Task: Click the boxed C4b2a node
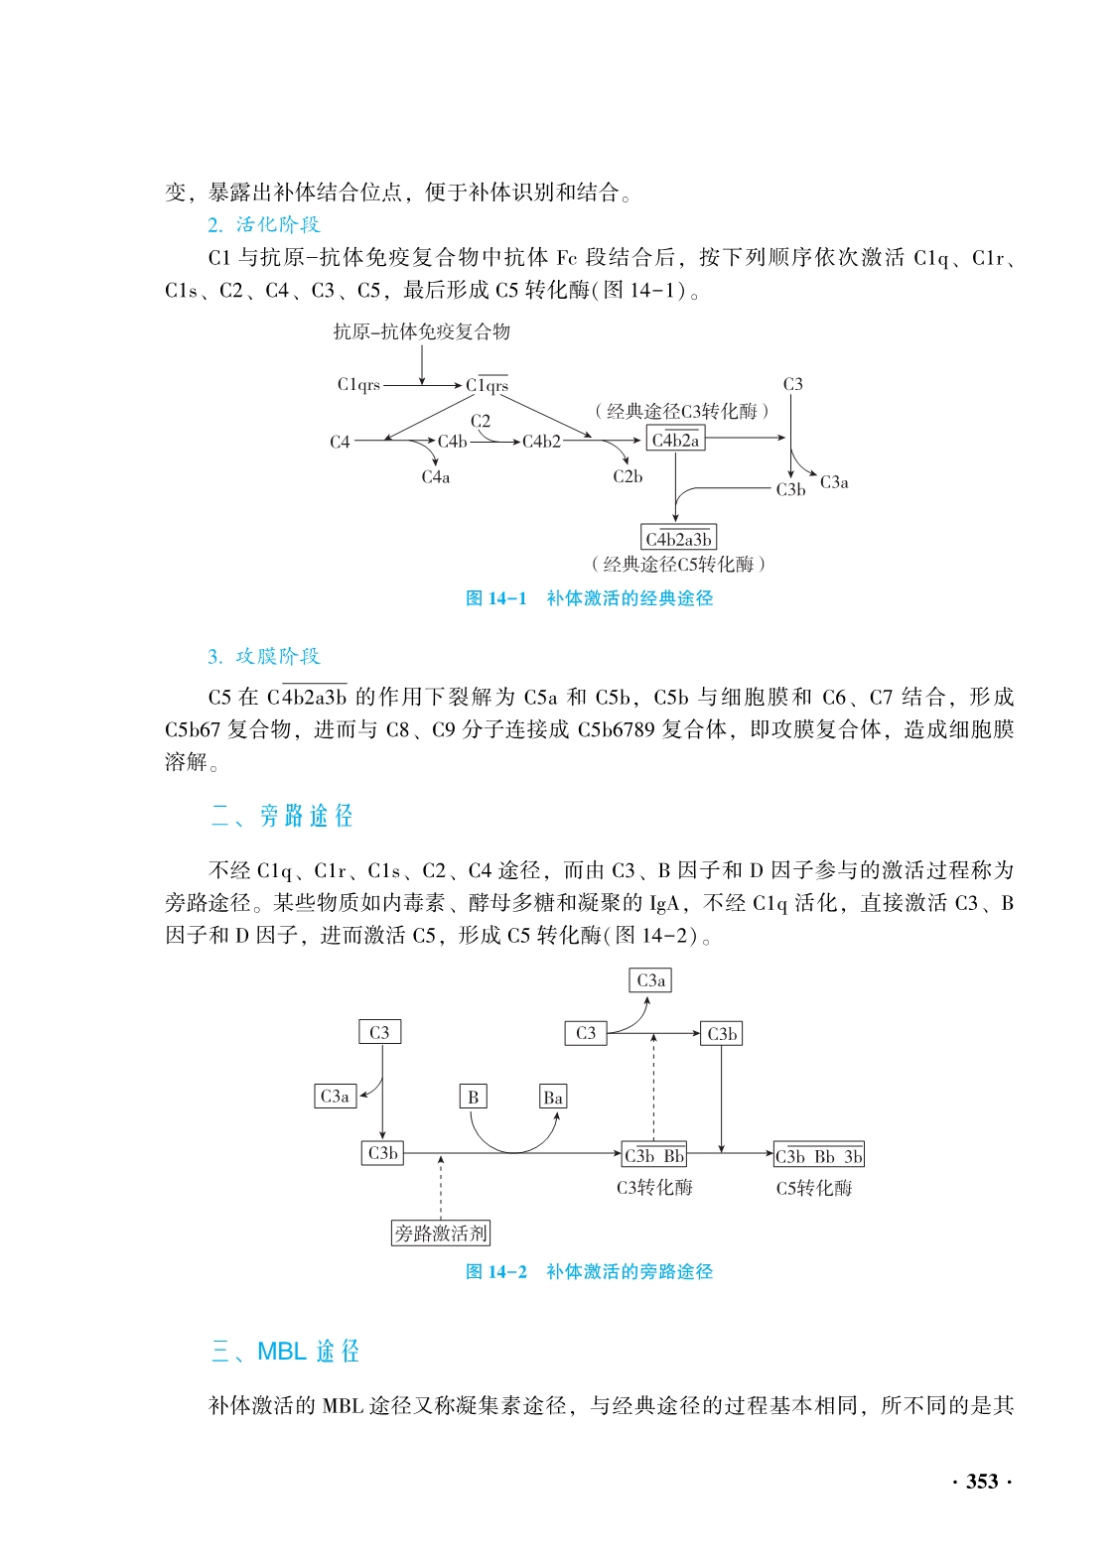coord(675,440)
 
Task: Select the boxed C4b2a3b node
coord(679,539)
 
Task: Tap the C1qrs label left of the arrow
coord(358,385)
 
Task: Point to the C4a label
coord(436,477)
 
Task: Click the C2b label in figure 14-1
coord(628,477)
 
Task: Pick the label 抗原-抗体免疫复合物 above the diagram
coord(422,331)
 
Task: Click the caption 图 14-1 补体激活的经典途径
coord(590,598)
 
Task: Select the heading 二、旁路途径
coord(283,816)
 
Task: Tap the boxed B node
coord(474,1097)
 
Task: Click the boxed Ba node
coord(553,1097)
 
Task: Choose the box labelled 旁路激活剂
coord(441,1233)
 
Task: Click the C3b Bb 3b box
coord(818,1155)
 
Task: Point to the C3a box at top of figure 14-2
coord(650,980)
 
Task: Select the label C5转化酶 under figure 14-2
coord(814,1188)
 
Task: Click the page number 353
coord(981,1482)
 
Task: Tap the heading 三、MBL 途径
coord(286,1352)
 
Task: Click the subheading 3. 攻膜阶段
coord(264,656)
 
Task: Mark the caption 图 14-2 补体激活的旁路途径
coord(590,1271)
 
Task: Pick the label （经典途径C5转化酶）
coord(679,565)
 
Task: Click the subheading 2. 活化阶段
coord(264,224)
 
